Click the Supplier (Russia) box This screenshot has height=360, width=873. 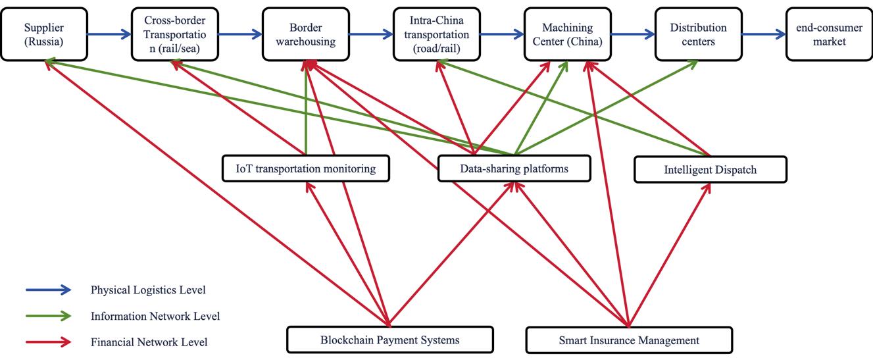(x=44, y=34)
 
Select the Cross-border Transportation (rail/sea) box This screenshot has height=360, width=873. (x=174, y=34)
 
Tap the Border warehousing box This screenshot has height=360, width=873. (x=305, y=34)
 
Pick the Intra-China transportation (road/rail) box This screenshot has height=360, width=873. (x=436, y=34)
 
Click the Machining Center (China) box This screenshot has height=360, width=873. (x=567, y=34)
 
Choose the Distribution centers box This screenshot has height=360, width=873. (x=698, y=34)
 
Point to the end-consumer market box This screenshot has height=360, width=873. (x=828, y=34)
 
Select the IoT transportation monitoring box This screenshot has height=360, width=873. (x=306, y=168)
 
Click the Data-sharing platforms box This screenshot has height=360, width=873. (x=514, y=168)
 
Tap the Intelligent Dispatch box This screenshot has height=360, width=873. (x=710, y=169)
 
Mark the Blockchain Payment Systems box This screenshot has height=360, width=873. (x=390, y=340)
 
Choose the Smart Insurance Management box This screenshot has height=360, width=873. (x=629, y=340)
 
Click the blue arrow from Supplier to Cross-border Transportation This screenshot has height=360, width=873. (x=109, y=34)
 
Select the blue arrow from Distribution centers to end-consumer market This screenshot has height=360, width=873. (x=763, y=34)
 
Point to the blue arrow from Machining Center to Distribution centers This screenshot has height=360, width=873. (x=632, y=34)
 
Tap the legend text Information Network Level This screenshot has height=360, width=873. (x=155, y=316)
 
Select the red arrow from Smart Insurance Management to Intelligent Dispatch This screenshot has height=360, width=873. (x=670, y=254)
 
